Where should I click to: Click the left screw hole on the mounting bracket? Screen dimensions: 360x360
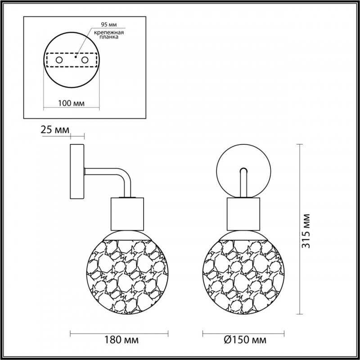pos(59,59)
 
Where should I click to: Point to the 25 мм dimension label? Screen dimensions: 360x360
pos(55,130)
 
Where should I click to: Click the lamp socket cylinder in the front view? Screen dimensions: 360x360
pos(243,213)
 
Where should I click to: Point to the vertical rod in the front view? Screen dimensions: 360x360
pos(243,184)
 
